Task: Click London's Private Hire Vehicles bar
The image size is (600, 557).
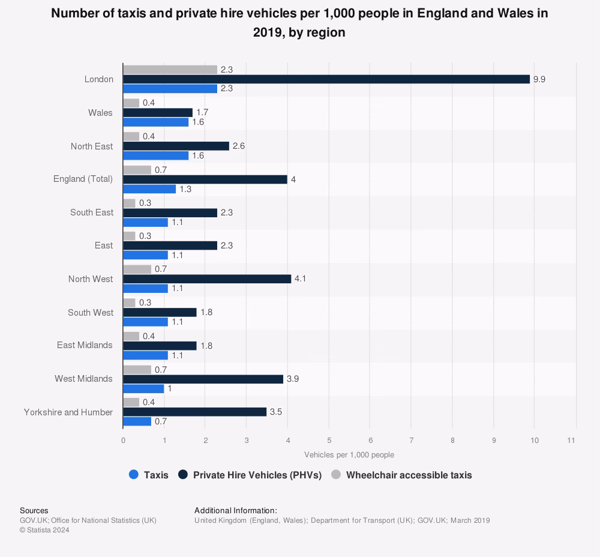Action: [x=326, y=79]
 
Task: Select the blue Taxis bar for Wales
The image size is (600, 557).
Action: [x=155, y=122]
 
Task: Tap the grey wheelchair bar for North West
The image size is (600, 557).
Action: [x=137, y=269]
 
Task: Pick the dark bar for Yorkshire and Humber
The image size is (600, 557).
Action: [x=194, y=412]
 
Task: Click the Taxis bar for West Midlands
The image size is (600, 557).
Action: [x=143, y=388]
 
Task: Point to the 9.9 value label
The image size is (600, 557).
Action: [x=539, y=79]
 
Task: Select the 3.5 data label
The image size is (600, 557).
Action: [x=276, y=412]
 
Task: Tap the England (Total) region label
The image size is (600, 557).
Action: [x=83, y=179]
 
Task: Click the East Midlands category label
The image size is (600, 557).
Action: [x=85, y=345]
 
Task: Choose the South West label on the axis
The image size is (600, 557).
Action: [x=90, y=312]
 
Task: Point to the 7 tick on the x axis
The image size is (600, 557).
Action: [x=411, y=441]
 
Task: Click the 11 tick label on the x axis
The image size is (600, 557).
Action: [x=571, y=441]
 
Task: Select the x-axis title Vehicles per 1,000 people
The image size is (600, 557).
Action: [x=349, y=455]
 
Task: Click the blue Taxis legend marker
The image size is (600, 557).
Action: [x=134, y=475]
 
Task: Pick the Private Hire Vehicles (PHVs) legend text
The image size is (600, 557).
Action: [x=257, y=475]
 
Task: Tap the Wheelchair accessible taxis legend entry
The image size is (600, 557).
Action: [x=409, y=475]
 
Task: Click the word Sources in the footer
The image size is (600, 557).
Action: [x=34, y=511]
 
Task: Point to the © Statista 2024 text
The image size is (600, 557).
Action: [x=44, y=530]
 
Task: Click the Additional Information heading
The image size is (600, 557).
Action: [x=236, y=511]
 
